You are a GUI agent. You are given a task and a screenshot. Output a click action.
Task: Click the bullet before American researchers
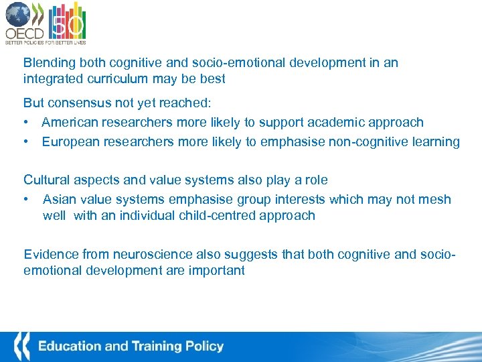pyautogui.click(x=26, y=123)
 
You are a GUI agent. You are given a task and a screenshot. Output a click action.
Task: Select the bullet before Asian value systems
pyautogui.click(x=26, y=199)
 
